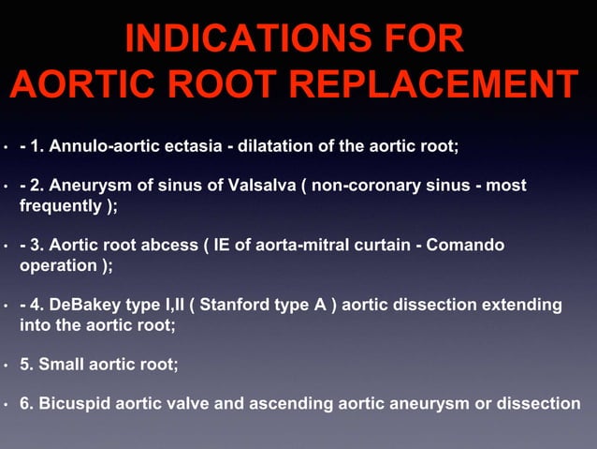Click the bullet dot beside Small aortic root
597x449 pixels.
[7, 366]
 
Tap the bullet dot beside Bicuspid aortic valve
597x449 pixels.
[7, 405]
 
